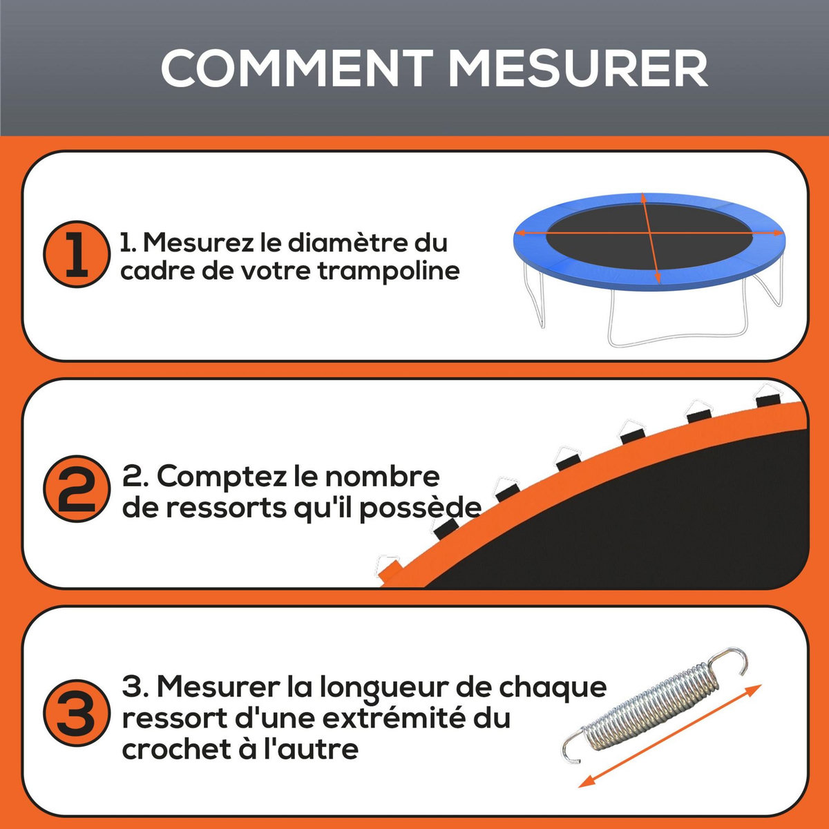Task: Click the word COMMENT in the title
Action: click(x=296, y=68)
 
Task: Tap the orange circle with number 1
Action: click(x=77, y=254)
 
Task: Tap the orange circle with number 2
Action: click(x=77, y=488)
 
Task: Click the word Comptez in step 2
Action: click(x=235, y=477)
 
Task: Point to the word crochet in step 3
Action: click(x=171, y=750)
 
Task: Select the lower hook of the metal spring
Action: click(x=573, y=750)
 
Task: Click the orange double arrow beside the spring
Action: click(x=670, y=736)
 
